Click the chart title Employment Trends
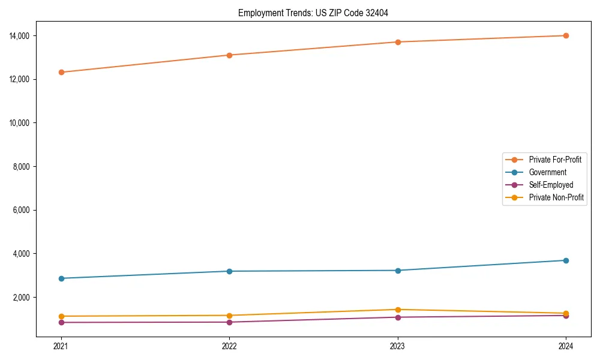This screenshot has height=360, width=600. [x=313, y=13]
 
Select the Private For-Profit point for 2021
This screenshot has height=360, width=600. [x=61, y=72]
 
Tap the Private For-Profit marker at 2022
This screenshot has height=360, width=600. [x=229, y=55]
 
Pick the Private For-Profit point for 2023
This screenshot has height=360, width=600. [x=398, y=42]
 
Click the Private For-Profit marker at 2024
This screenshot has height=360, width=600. [x=566, y=35]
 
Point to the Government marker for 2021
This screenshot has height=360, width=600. [x=61, y=278]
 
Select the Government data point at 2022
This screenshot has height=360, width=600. [x=229, y=271]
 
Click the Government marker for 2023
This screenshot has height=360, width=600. [x=398, y=271]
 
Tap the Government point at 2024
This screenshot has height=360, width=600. [x=566, y=260]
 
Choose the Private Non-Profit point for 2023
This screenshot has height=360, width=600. [x=398, y=310]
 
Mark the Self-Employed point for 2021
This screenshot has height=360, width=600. [x=61, y=322]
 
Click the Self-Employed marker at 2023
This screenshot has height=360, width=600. [x=398, y=317]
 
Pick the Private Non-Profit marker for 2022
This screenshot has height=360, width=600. [x=229, y=316]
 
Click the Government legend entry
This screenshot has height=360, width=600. [x=547, y=172]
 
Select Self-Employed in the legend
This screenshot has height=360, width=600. [x=551, y=185]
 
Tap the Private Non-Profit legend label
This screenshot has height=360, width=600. [x=556, y=197]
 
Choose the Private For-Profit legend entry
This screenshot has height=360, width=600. [x=555, y=160]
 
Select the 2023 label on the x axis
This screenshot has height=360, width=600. [x=398, y=346]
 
